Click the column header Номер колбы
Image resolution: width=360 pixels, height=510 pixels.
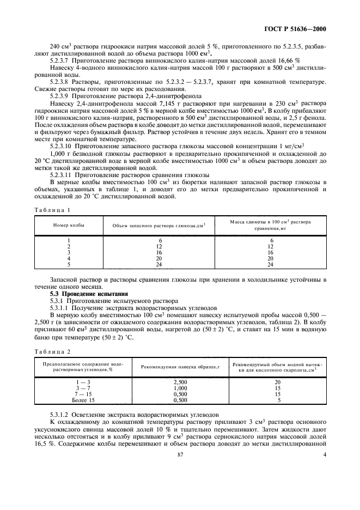[x=69, y=225]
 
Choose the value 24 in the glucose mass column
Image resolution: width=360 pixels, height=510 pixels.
[x=271, y=264]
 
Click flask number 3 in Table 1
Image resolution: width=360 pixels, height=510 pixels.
[x=69, y=252]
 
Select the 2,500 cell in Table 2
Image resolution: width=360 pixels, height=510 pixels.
[x=179, y=383]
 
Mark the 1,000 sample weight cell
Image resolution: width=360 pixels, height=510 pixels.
[x=179, y=388]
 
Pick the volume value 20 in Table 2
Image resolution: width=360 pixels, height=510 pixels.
[x=277, y=383]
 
